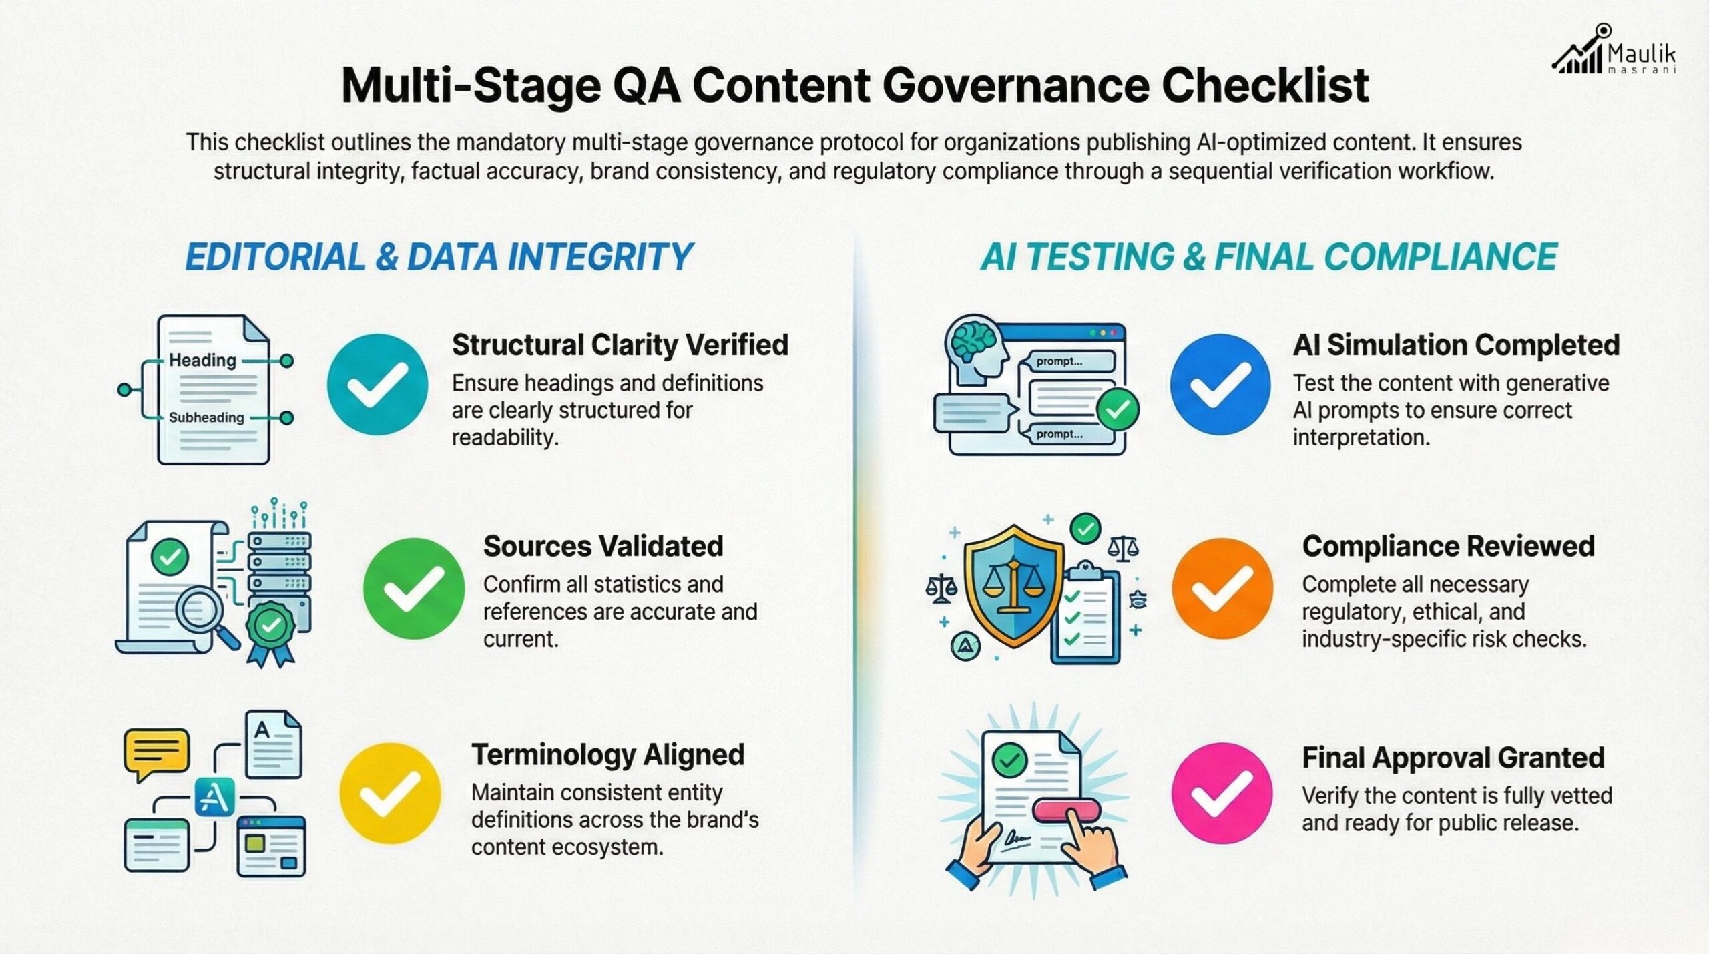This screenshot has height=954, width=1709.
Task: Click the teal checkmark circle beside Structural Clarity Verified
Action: coord(377,385)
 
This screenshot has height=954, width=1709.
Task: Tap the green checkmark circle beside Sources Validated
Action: coord(414,588)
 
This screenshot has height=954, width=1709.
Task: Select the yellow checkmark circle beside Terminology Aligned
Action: coord(390,793)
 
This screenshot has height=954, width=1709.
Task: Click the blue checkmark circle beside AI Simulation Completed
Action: coord(1220,385)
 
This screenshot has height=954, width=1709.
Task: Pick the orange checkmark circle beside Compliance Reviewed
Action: coord(1222,588)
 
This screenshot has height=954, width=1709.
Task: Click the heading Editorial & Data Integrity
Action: coord(439,258)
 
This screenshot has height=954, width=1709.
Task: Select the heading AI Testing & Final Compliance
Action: coord(1268,258)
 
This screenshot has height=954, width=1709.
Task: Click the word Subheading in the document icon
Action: coord(206,418)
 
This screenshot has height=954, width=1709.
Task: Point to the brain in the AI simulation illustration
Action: coord(976,341)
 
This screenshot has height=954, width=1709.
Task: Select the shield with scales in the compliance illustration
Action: coord(1013,583)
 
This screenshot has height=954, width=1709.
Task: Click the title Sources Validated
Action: coord(603,546)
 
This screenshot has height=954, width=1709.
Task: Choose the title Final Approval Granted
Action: coord(1453,758)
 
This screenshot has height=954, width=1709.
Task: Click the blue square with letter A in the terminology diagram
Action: coord(215,796)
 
